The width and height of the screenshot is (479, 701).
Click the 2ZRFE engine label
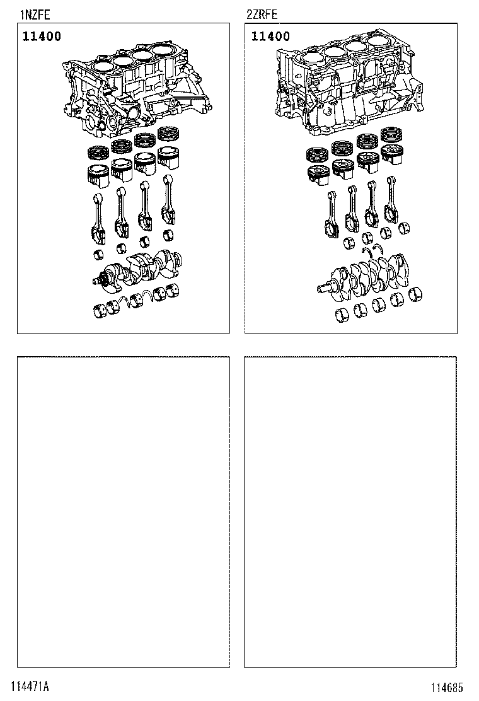262,14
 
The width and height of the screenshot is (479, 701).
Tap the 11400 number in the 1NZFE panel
42,37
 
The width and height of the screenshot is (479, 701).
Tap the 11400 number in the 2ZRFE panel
270,37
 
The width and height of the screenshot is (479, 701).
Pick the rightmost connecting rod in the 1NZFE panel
168,200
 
